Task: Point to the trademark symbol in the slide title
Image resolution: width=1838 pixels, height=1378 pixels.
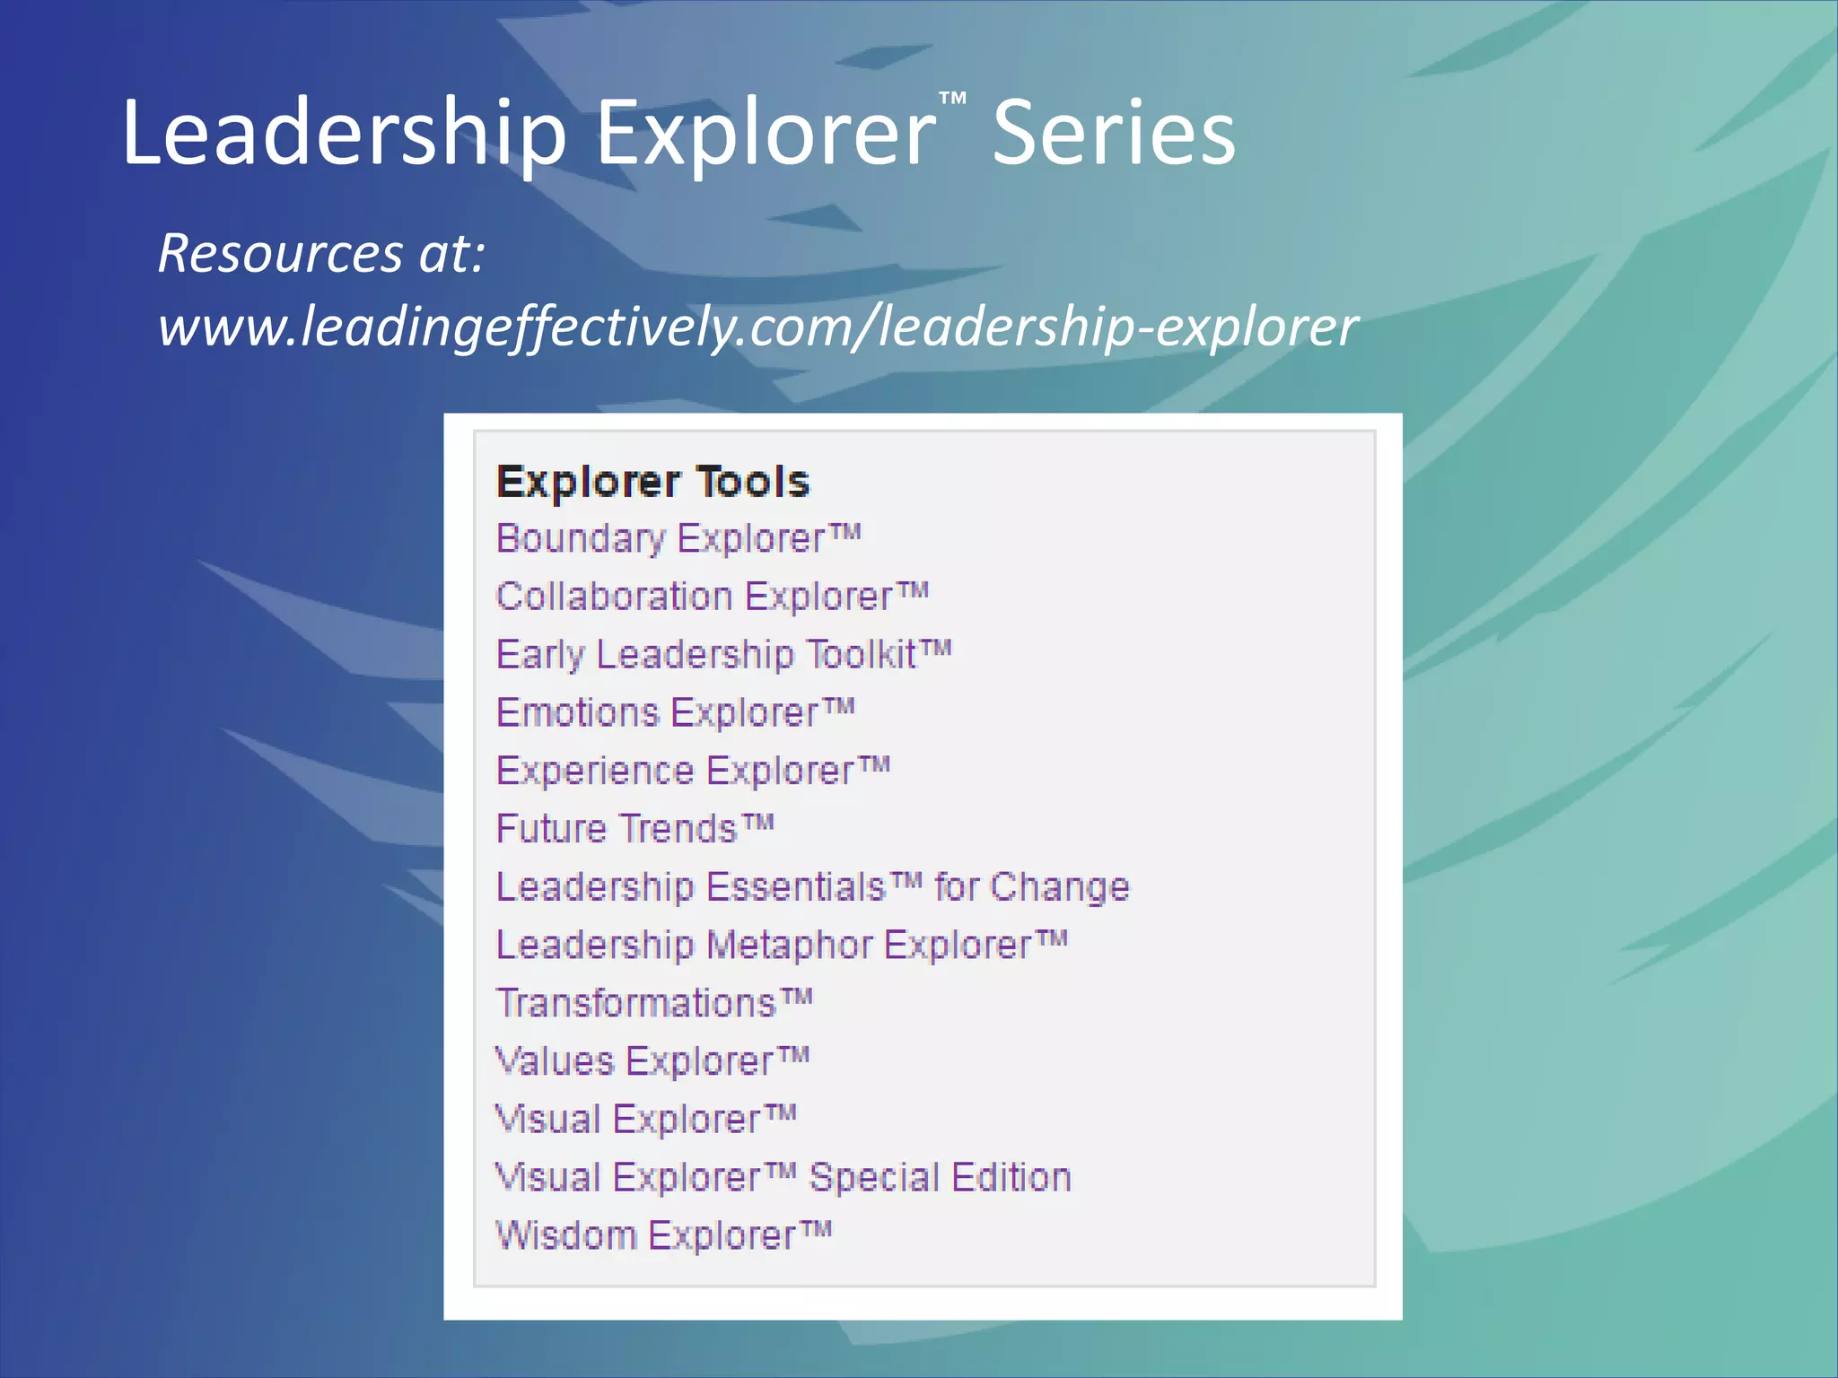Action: [953, 98]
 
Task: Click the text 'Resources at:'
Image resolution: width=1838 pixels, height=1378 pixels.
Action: [321, 253]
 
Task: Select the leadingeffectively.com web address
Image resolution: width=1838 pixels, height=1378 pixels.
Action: [757, 327]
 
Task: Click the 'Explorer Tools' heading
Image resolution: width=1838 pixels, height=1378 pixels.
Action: [652, 482]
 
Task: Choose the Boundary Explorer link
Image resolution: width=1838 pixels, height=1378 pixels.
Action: [678, 539]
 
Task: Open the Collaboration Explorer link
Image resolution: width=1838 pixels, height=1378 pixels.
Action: [712, 597]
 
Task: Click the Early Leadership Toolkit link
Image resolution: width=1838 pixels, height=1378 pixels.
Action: [723, 655]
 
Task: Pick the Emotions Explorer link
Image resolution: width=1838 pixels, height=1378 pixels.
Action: [675, 713]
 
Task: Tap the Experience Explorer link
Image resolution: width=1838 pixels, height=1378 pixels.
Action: [693, 771]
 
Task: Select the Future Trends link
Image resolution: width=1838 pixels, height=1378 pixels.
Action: [635, 829]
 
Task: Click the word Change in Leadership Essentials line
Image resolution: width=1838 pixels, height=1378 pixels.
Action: [1059, 887]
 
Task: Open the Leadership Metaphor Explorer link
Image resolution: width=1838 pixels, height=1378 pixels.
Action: [782, 945]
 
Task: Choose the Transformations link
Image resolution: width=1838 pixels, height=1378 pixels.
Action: [654, 1003]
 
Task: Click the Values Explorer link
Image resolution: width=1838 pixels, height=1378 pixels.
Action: [652, 1061]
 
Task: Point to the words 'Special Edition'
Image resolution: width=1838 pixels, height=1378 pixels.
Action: [940, 1177]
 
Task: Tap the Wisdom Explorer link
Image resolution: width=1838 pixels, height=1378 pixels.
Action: [663, 1235]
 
